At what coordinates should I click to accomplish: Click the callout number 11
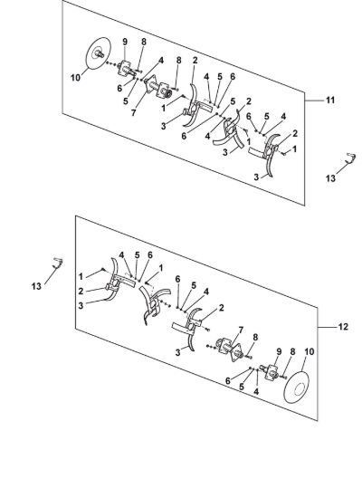click(x=330, y=100)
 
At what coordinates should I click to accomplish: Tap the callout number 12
click(x=343, y=327)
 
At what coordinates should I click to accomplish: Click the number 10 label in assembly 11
click(x=76, y=78)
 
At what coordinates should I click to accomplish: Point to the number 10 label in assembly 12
click(x=309, y=351)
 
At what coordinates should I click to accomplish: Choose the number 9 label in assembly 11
click(x=125, y=42)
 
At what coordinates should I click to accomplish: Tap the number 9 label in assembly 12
click(x=279, y=351)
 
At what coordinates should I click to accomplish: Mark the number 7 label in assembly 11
click(x=133, y=112)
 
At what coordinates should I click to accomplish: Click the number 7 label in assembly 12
click(x=241, y=330)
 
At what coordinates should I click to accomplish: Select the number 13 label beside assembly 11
click(x=330, y=178)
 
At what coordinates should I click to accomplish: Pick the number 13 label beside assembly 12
click(x=36, y=286)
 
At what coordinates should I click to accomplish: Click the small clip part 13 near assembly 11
click(x=350, y=158)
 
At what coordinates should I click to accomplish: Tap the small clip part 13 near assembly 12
click(x=58, y=263)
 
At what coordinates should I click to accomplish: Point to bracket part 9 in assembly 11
click(x=125, y=69)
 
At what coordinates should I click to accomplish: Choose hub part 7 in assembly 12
click(x=231, y=350)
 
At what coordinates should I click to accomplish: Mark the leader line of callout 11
click(x=314, y=101)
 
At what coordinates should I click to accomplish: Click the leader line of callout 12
click(x=327, y=327)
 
